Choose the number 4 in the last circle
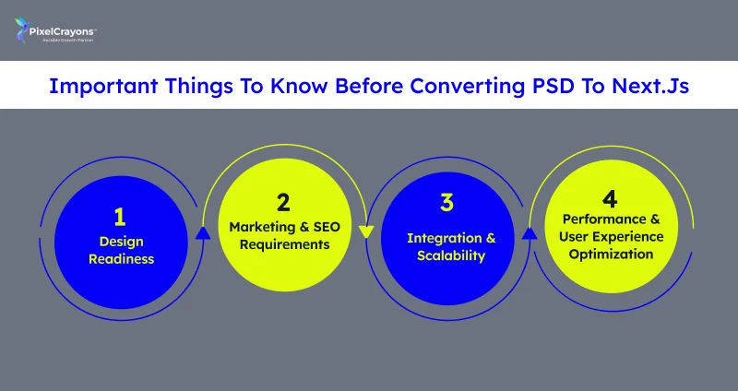point(610,197)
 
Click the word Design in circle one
point(121,241)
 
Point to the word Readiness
point(121,259)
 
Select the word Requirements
point(282,244)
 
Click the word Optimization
point(610,254)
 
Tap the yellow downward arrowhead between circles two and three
point(366,231)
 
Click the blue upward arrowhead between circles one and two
point(203,233)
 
